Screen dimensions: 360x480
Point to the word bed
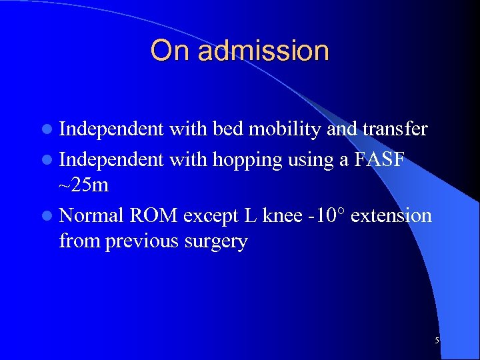(229, 129)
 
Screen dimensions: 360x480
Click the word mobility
(285, 129)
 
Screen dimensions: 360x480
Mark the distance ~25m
(84, 184)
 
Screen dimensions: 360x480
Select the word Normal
(91, 216)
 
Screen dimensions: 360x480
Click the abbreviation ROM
(153, 216)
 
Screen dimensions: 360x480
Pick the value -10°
(323, 216)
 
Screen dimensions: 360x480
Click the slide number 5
(437, 341)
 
